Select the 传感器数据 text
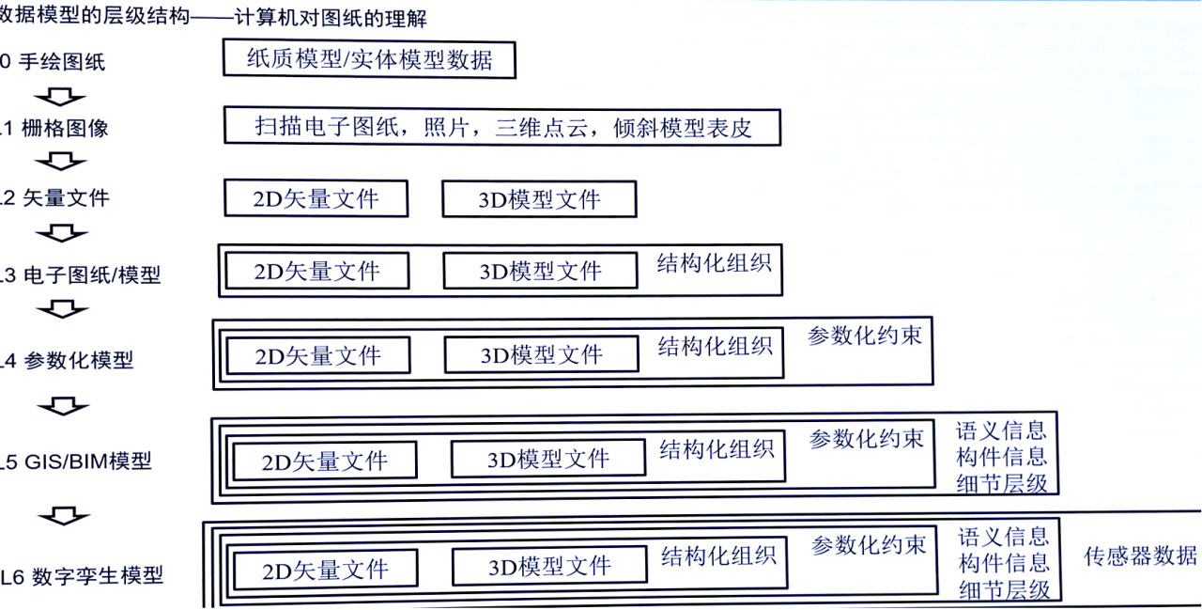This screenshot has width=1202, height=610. (x=1140, y=555)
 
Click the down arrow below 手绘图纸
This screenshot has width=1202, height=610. (x=59, y=97)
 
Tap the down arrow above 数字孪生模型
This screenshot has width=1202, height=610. (x=64, y=515)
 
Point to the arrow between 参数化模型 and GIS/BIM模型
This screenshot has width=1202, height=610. (x=63, y=406)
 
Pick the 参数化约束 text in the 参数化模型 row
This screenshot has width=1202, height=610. (x=865, y=336)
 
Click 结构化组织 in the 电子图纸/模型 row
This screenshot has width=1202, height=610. (x=715, y=263)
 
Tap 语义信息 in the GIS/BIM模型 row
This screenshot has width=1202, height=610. (x=1001, y=431)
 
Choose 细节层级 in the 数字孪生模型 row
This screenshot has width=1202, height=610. (x=1005, y=590)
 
